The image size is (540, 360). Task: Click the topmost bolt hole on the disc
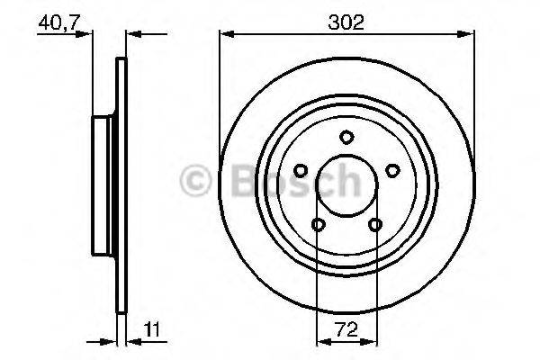346,137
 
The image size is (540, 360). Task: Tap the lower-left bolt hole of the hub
318,225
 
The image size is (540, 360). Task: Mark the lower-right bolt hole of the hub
375,225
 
